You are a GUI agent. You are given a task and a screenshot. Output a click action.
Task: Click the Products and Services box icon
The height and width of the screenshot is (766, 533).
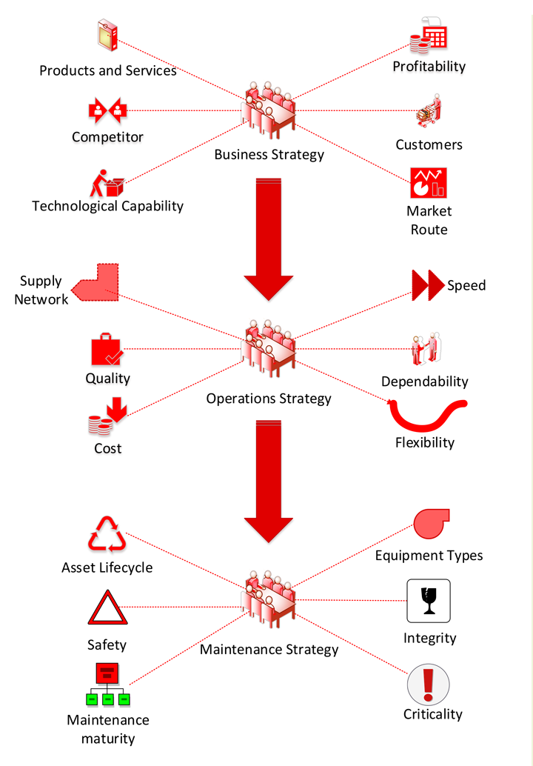pos(108,36)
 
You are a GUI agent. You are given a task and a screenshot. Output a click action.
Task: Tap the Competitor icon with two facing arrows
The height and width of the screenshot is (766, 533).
pos(108,111)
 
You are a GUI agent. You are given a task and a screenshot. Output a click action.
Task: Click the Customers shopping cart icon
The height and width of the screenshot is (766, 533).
pos(429,113)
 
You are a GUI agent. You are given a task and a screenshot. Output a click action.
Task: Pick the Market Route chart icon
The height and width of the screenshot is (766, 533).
pos(429,183)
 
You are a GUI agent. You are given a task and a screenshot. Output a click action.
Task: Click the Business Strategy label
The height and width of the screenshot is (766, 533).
pos(269,155)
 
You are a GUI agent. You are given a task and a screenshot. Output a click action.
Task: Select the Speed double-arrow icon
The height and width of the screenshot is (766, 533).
pos(428,284)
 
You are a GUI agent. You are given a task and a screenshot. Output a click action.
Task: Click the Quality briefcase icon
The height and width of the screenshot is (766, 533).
pos(108,350)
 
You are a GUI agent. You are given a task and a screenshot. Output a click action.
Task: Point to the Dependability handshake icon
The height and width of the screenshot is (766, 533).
pos(426,349)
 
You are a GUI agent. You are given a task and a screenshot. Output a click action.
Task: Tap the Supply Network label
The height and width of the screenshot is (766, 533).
pos(41,290)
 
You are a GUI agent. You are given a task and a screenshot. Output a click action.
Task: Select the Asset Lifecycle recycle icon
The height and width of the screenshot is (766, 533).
pos(108,535)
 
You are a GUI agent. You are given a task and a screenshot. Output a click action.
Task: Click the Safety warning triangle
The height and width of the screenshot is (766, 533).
pos(108,609)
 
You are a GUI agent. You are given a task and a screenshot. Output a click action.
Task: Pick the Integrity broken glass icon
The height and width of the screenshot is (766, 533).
pos(429,601)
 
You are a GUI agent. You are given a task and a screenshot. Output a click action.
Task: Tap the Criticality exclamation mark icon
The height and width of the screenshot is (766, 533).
pos(429,683)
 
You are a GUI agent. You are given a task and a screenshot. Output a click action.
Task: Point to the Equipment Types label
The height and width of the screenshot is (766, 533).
pos(429,556)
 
